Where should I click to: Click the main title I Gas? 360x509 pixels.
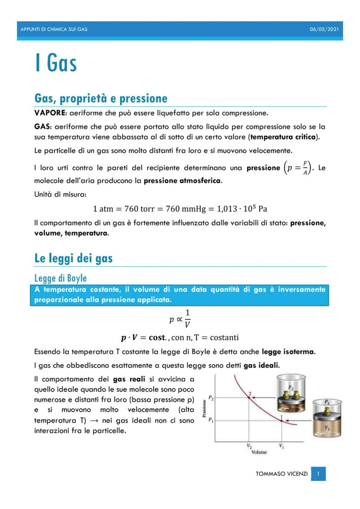pyautogui.click(x=56, y=63)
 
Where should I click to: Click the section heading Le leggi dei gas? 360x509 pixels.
pyautogui.click(x=73, y=259)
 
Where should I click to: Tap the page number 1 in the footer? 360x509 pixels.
pyautogui.click(x=318, y=473)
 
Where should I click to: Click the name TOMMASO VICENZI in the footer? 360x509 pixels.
pyautogui.click(x=281, y=473)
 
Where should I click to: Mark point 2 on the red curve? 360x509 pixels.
pyautogui.click(x=249, y=398)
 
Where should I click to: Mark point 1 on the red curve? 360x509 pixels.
pyautogui.click(x=281, y=421)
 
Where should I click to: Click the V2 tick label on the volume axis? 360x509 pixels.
pyautogui.click(x=249, y=446)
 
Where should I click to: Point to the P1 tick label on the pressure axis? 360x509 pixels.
pyautogui.click(x=210, y=420)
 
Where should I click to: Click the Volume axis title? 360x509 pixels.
pyautogui.click(x=259, y=452)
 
